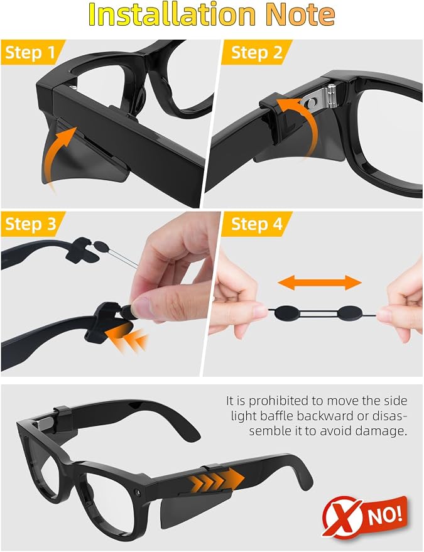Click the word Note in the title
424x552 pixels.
coord(300,14)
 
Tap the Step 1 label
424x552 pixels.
coord(30,53)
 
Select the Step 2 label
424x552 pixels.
coord(257,53)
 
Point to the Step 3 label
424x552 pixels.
coord(31,224)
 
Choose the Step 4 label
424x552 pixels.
coord(257,224)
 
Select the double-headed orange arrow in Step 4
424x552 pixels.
coord(320,283)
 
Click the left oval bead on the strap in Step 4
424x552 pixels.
coord(287,313)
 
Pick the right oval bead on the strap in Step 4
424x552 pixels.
coord(350,313)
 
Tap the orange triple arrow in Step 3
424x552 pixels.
coord(127,338)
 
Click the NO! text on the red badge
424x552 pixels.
coord(385,515)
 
